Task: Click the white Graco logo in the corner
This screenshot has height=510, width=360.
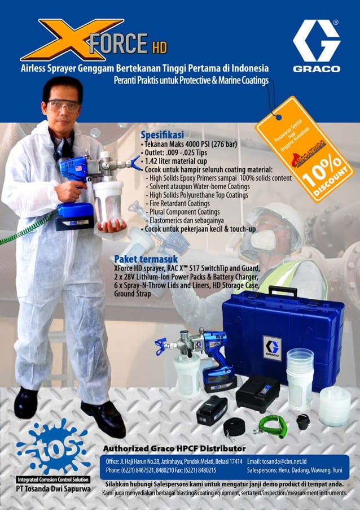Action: (x=316, y=45)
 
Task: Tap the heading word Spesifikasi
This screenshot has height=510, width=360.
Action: (x=162, y=136)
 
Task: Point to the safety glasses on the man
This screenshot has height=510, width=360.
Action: (x=63, y=105)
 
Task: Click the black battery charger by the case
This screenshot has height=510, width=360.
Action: (x=257, y=393)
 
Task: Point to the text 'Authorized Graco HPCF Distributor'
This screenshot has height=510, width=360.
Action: (x=174, y=448)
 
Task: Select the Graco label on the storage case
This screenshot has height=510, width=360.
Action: (x=272, y=348)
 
